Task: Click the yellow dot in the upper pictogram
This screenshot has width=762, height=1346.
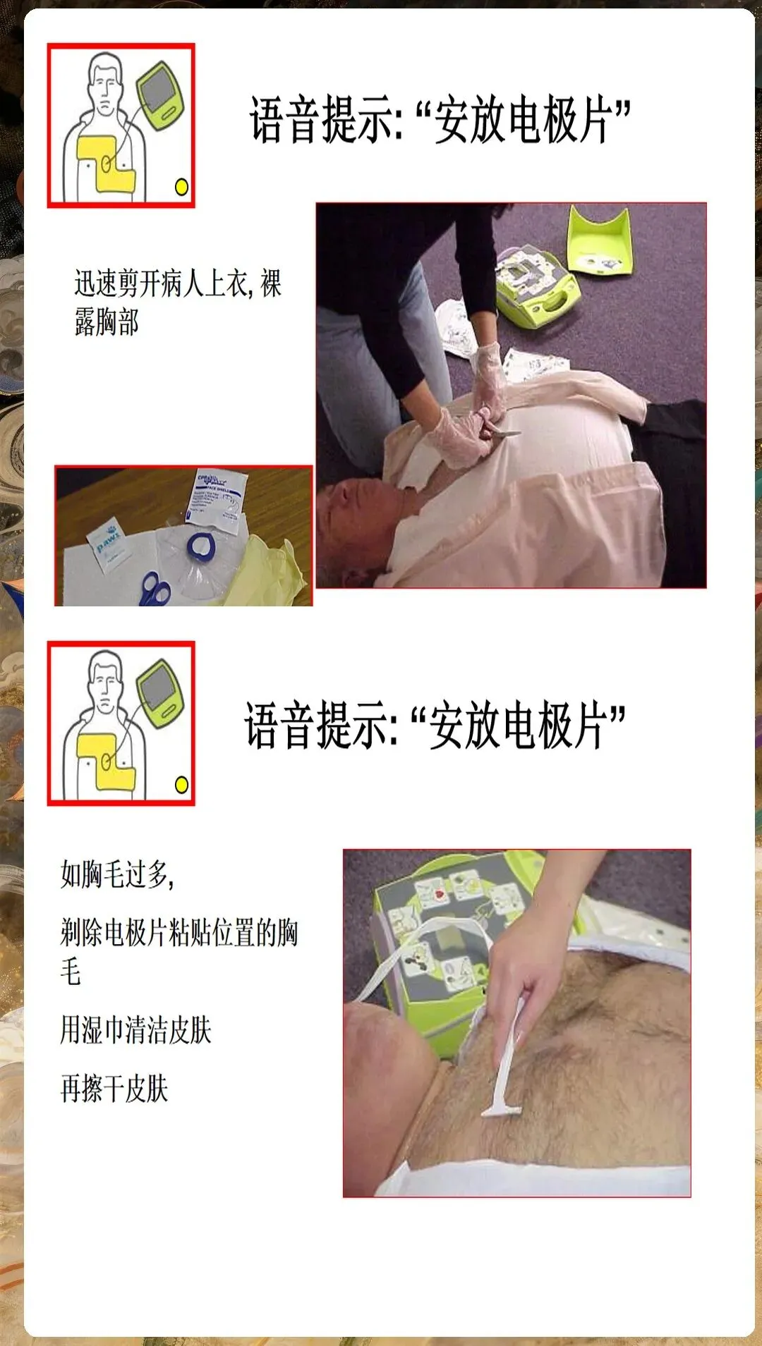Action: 181,187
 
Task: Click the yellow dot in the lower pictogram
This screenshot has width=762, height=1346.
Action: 181,785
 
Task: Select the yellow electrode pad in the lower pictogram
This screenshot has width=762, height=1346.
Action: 105,761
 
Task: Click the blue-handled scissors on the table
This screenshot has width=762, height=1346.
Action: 155,588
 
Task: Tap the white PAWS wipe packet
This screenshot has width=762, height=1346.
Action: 107,546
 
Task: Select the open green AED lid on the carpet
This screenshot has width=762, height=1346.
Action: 599,240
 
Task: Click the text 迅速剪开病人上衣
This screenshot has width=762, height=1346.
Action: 162,283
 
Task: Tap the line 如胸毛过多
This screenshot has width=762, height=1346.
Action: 117,874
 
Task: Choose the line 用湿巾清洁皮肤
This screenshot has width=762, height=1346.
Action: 135,1029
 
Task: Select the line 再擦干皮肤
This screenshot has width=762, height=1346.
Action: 114,1088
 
